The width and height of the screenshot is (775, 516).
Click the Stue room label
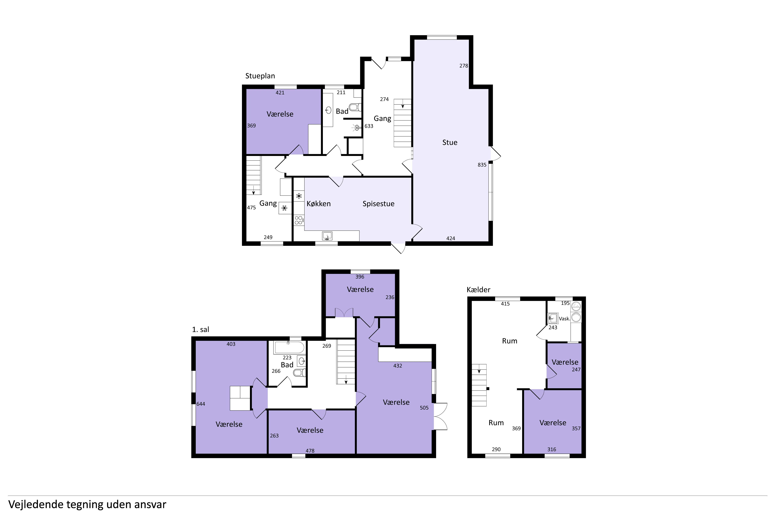[450, 142]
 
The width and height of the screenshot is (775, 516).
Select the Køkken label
[319, 204]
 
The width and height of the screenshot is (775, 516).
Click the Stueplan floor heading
[260, 76]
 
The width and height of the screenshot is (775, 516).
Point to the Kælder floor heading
[478, 290]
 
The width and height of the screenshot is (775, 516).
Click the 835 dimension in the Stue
[482, 165]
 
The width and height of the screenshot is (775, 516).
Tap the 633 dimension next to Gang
[369, 126]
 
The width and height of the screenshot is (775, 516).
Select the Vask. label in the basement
[565, 318]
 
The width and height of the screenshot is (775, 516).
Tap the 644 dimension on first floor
[201, 404]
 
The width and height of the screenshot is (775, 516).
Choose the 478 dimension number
[310, 451]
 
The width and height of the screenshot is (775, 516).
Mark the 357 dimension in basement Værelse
[576, 428]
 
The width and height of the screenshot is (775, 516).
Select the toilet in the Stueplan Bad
[355, 107]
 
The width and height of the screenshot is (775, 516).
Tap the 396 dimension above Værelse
[360, 277]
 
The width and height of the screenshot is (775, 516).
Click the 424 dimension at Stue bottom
[451, 239]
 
